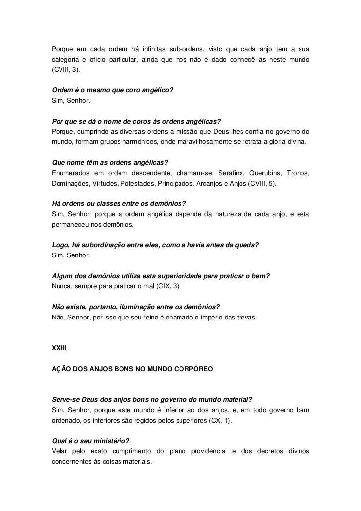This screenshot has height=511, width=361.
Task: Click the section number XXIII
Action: (59, 349)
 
